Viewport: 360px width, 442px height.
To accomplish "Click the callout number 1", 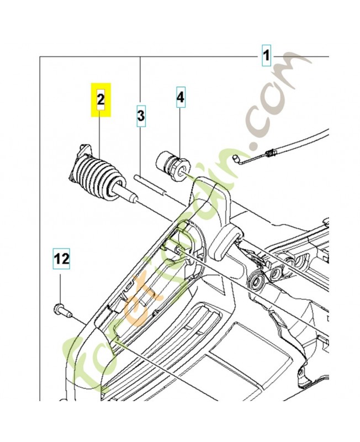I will [x=266, y=56].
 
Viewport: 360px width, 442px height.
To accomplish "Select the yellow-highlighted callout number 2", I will [x=100, y=99].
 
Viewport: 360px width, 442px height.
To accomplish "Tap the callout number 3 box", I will [x=141, y=116].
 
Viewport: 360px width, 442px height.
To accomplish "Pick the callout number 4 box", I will [x=181, y=99].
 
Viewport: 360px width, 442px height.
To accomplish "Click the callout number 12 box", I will [x=62, y=257].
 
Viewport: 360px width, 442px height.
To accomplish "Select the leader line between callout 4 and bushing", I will [x=181, y=133].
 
